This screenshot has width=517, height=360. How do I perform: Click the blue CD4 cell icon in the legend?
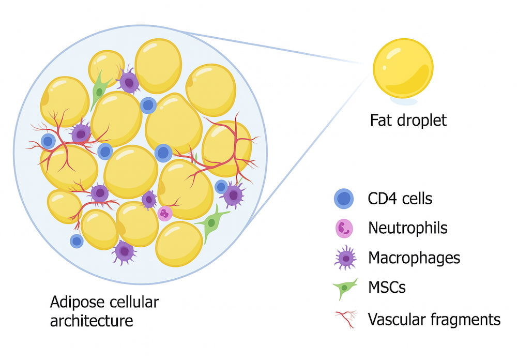click(x=344, y=199)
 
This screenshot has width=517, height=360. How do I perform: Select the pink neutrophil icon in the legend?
click(x=344, y=228)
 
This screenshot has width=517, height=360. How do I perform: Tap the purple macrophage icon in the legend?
click(x=345, y=258)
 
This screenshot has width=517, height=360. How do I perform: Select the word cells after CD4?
click(x=416, y=198)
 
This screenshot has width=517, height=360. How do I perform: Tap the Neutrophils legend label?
click(x=407, y=228)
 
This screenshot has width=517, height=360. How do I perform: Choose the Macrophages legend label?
click(x=414, y=257)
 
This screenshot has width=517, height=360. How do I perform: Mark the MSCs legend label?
click(x=387, y=288)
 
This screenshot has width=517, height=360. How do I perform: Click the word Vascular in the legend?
click(x=398, y=319)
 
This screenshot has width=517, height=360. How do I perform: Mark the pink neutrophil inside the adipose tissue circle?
click(x=164, y=213)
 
